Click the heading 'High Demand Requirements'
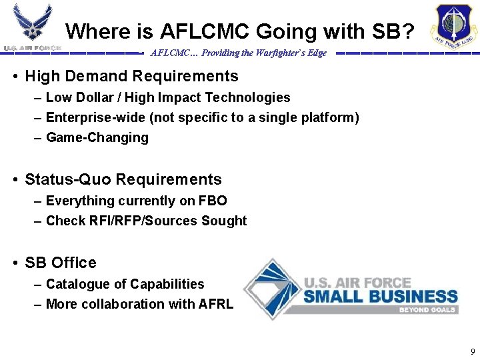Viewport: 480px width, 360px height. pos(131,76)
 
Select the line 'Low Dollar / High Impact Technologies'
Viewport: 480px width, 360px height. pos(168,98)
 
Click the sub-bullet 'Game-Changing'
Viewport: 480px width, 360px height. pos(97,138)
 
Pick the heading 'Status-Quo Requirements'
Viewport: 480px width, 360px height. pos(123,179)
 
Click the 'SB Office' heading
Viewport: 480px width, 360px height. pos(61,263)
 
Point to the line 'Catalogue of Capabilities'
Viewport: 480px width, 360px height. pos(125,284)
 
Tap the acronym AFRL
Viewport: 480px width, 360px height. pos(216,304)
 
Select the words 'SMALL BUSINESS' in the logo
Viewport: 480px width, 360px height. pos(380,295)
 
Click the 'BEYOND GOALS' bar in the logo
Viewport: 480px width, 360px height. pos(427,310)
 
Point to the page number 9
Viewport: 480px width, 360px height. pos(473,351)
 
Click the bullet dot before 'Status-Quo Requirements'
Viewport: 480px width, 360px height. pos(15,180)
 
